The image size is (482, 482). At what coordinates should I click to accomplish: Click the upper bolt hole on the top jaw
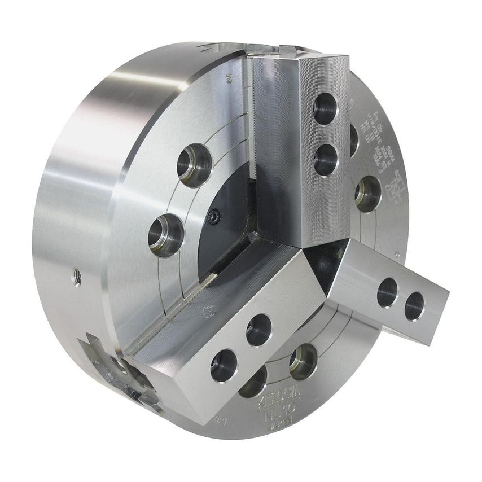[326, 108]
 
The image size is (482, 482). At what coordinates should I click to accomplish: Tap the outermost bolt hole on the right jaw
[415, 305]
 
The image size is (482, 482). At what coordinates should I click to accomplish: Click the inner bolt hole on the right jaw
[388, 292]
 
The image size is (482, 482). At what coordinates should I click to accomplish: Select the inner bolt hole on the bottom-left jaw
[259, 330]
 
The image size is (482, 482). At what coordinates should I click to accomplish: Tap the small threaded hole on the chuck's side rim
[77, 277]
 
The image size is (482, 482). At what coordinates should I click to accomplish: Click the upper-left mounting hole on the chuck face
[194, 165]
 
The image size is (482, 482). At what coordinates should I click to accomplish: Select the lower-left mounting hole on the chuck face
[165, 234]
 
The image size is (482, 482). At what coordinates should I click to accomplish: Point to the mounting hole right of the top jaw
[367, 194]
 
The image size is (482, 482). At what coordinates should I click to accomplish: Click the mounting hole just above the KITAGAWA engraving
[303, 361]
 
